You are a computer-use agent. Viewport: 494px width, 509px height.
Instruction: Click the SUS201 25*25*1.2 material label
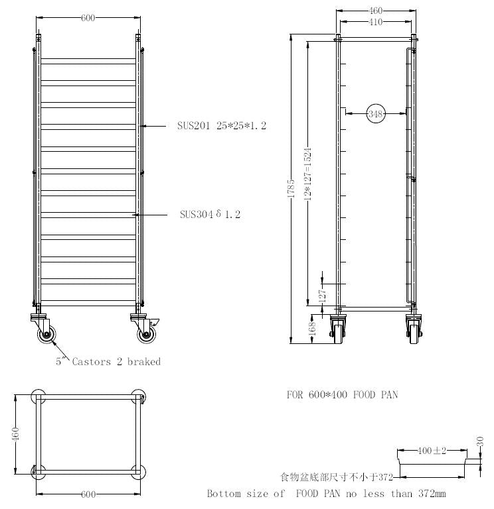[222, 125]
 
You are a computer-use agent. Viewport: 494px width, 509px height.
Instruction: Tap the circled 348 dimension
[376, 114]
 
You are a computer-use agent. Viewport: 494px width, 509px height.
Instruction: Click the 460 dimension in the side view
[376, 11]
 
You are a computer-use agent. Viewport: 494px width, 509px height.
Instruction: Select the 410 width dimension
[376, 22]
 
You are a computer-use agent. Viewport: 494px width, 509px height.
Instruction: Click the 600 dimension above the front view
[88, 18]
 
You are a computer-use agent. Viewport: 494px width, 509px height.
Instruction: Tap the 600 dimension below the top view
[88, 494]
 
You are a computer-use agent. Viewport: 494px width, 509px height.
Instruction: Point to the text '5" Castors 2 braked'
[108, 362]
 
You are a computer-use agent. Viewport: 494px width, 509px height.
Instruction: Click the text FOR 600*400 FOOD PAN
[342, 394]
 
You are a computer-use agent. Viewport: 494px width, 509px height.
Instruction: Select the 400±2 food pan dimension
[432, 451]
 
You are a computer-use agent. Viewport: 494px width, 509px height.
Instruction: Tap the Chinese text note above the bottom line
[337, 477]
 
